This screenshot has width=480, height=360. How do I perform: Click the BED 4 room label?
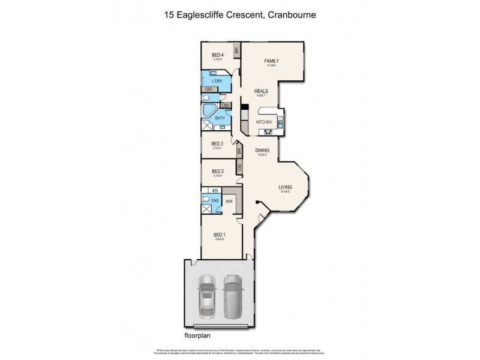click(x=217, y=55)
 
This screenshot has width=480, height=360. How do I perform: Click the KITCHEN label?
click(x=264, y=122)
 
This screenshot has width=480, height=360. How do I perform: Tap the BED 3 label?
click(x=217, y=143)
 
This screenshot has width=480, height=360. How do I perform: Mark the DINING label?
click(x=262, y=151)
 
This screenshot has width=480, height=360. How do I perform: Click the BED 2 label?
click(x=217, y=171)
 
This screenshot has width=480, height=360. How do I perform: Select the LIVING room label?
click(x=285, y=187)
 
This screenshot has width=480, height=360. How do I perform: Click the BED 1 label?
click(x=220, y=235)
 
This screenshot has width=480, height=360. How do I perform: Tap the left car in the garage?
click(x=207, y=293)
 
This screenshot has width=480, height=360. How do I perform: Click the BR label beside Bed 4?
click(x=237, y=51)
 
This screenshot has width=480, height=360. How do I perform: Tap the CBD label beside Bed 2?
click(x=239, y=167)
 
